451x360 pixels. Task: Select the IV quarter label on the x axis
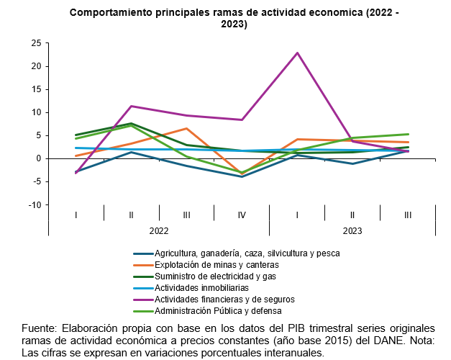pos(242,215)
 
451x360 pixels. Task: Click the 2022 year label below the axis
pos(159,231)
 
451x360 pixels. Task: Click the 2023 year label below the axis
pos(352,231)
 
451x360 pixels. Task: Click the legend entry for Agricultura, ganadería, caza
pos(247,253)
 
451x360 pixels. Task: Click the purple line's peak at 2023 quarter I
pos(297,53)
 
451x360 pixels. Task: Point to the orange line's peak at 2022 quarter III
pos(186,128)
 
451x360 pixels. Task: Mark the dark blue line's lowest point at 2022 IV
pos(242,176)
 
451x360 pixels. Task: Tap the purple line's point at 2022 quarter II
pos(131,106)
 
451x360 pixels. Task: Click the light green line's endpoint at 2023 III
pos(408,134)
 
